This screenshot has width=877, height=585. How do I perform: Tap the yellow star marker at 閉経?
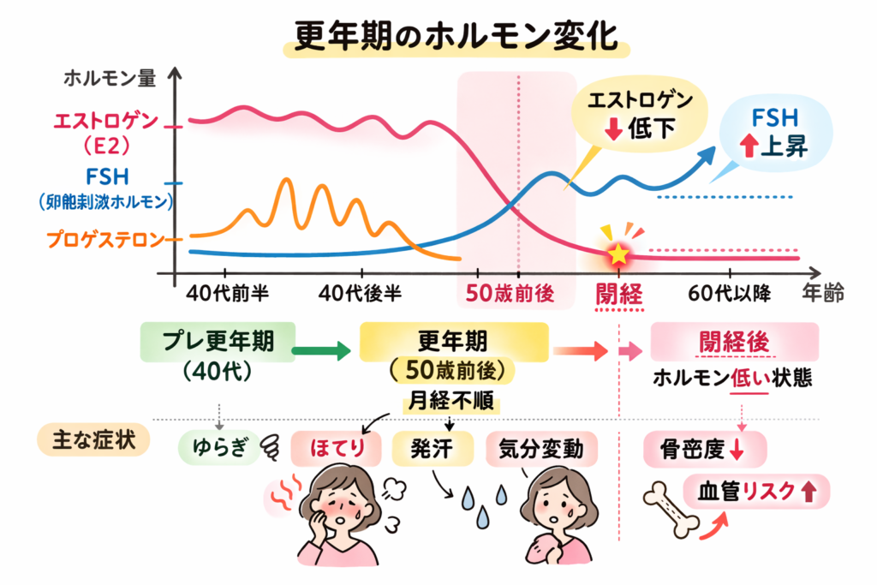click(617, 254)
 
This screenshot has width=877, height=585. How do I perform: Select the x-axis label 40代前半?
click(227, 294)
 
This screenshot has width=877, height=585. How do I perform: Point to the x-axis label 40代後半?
click(360, 294)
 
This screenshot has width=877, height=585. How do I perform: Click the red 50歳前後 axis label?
click(510, 294)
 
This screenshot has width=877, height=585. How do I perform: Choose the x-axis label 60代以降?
click(730, 294)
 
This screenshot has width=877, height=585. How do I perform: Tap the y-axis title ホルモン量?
click(110, 79)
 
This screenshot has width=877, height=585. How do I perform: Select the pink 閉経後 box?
click(734, 342)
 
